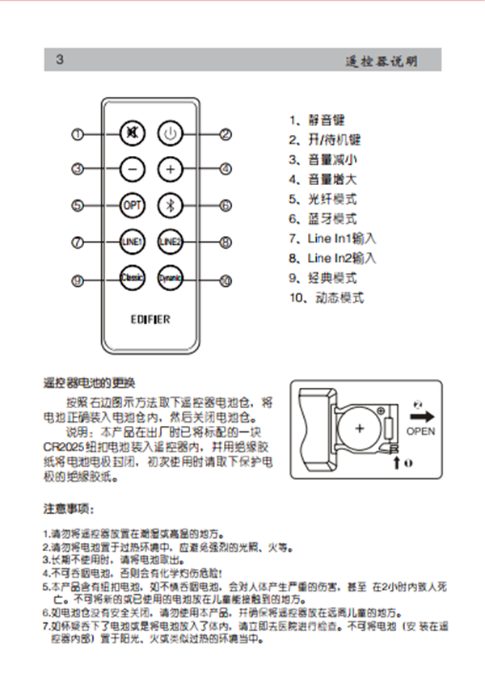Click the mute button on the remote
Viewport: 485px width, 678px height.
tap(131, 134)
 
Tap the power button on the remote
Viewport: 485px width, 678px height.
tap(169, 134)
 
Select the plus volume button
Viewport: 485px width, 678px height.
tap(169, 170)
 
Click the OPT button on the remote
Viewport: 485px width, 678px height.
tap(131, 205)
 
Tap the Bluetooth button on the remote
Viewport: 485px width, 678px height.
tap(169, 205)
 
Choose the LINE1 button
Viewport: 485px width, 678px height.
tap(131, 242)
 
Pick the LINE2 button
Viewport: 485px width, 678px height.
tap(169, 242)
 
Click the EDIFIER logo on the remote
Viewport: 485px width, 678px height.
tap(150, 319)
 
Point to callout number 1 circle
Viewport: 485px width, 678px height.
tap(78, 134)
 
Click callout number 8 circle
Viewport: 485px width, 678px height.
tap(226, 242)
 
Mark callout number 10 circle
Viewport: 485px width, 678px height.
tap(226, 280)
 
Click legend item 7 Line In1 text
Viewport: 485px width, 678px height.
tap(332, 239)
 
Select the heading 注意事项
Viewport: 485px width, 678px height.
tap(69, 510)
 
